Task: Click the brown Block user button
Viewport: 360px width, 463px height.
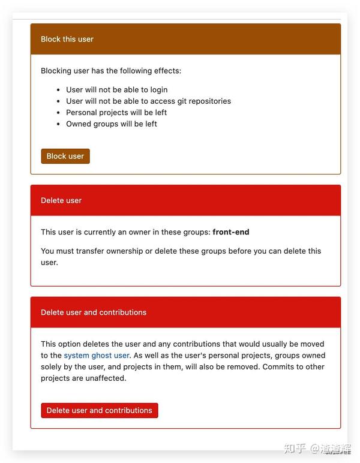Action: (x=65, y=156)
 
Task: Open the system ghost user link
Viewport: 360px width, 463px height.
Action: (x=97, y=356)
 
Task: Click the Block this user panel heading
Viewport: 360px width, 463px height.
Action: (x=67, y=39)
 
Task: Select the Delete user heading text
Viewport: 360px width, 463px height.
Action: (x=61, y=200)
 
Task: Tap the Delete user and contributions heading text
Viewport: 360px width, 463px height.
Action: (x=94, y=312)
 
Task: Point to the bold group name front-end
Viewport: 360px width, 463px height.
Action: (x=231, y=232)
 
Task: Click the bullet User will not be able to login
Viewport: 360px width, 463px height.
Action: (x=116, y=90)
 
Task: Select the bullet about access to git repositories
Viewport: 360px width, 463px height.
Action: (x=148, y=101)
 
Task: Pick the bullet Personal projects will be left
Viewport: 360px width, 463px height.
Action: (x=116, y=113)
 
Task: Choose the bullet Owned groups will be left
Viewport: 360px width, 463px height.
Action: (x=112, y=124)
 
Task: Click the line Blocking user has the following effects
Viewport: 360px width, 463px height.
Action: (x=111, y=71)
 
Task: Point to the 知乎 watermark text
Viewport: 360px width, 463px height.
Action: (x=295, y=449)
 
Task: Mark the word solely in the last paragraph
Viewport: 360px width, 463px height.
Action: (x=52, y=367)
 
